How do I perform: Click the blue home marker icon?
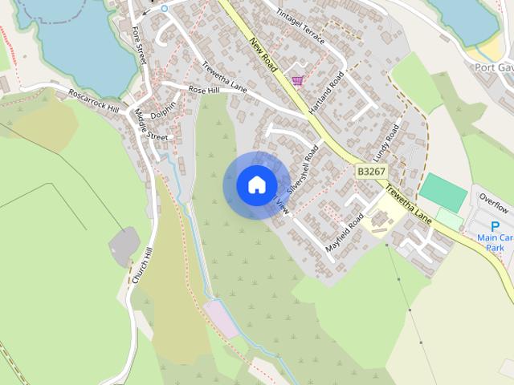(x=256, y=184)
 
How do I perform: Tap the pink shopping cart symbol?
(x=298, y=80)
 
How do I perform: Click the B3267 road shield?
(x=371, y=171)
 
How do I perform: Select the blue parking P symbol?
(x=495, y=227)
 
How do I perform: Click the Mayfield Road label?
(x=345, y=233)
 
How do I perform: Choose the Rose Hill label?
(x=203, y=90)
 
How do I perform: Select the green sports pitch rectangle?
(x=443, y=192)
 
